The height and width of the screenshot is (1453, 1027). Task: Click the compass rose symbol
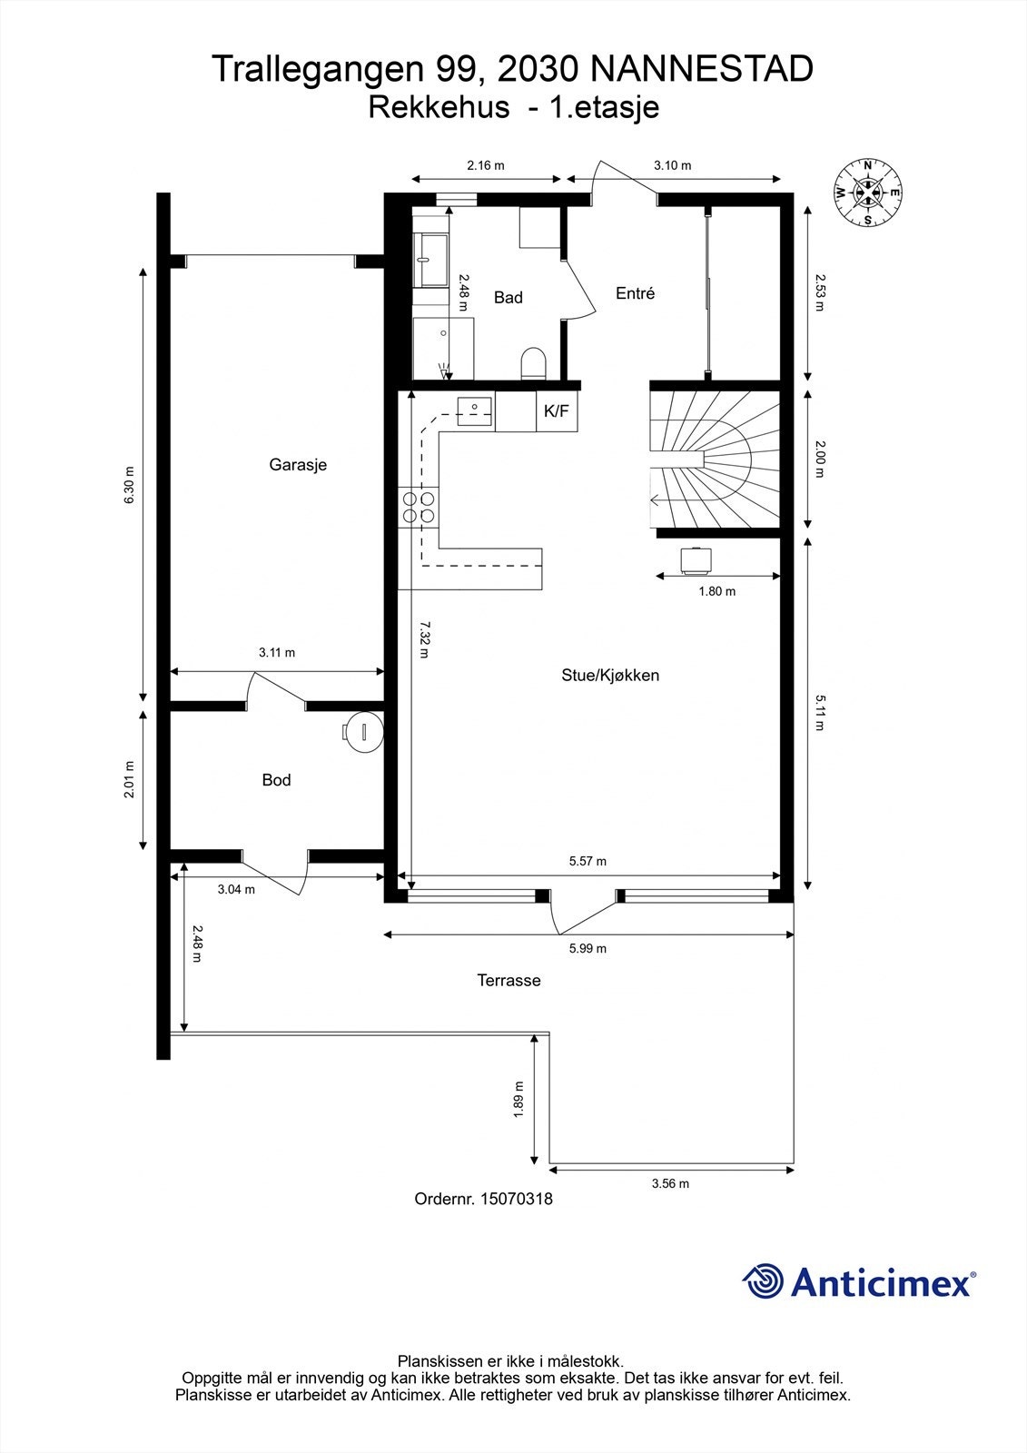point(867,193)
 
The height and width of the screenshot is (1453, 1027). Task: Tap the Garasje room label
point(298,465)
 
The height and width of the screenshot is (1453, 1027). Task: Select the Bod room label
point(276,780)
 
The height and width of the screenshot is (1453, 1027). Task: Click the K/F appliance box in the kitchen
point(556,411)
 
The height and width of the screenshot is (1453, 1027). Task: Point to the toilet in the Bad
point(534,363)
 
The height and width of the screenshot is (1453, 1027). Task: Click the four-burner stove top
point(419,507)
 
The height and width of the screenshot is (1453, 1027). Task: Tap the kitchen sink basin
point(474,410)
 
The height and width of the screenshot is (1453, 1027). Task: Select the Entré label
point(635,293)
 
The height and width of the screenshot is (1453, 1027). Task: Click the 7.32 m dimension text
point(424,646)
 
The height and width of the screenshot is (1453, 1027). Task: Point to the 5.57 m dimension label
point(588,861)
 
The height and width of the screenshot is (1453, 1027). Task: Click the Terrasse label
point(509,981)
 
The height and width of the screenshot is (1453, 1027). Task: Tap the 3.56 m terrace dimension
point(670,1183)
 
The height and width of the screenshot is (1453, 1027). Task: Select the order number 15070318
point(515,1199)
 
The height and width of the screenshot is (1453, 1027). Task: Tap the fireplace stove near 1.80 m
point(696,559)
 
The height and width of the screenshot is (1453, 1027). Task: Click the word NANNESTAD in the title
point(701,69)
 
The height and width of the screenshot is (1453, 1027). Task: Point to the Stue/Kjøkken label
point(610,676)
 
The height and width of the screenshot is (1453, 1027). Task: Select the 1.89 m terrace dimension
point(518,1100)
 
